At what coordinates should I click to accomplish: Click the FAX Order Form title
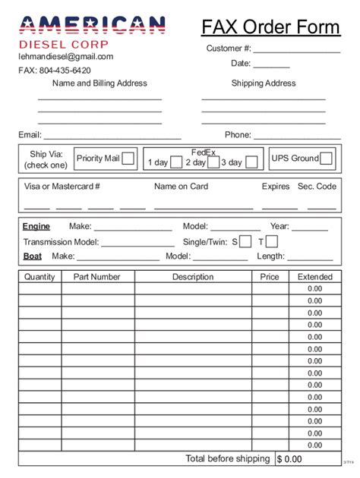pyautogui.click(x=271, y=27)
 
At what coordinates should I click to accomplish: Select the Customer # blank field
pyautogui.click(x=297, y=49)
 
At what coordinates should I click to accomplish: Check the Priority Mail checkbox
pyautogui.click(x=128, y=159)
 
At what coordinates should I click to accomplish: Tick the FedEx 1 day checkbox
pyautogui.click(x=175, y=162)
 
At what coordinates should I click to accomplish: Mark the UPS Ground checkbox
pyautogui.click(x=326, y=159)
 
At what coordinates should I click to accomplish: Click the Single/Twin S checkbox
pyautogui.click(x=245, y=241)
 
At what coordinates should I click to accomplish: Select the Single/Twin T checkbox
pyautogui.click(x=272, y=241)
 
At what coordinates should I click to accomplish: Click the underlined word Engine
pyautogui.click(x=36, y=226)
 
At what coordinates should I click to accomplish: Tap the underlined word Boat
pyautogui.click(x=33, y=256)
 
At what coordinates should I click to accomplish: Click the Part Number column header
pyautogui.click(x=97, y=277)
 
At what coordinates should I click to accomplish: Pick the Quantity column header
pyautogui.click(x=39, y=277)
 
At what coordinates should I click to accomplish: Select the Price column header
pyautogui.click(x=270, y=277)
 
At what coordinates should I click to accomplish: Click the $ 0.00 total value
pyautogui.click(x=289, y=459)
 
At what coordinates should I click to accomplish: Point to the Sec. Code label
pyautogui.click(x=317, y=186)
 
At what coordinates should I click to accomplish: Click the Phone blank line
pyautogui.click(x=297, y=135)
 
